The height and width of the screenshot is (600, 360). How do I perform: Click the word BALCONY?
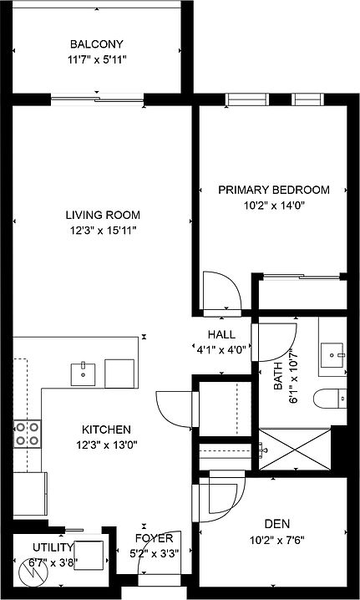tap(97, 44)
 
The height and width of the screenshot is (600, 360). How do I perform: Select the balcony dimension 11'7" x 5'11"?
tap(97, 59)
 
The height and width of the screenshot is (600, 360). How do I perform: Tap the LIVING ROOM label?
tap(103, 215)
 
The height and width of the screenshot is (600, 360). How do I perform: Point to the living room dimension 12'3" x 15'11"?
tap(103, 230)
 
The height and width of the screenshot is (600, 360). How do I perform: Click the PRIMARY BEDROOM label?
tap(273, 190)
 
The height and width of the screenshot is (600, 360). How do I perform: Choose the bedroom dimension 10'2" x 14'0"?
tap(273, 205)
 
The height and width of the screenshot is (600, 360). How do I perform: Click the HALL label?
tap(221, 335)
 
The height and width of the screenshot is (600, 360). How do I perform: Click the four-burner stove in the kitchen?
tap(28, 433)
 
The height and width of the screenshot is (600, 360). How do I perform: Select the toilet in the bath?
tap(333, 399)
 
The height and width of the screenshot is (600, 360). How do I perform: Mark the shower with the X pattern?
tap(295, 450)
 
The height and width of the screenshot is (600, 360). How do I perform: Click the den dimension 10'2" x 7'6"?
tap(271, 539)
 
